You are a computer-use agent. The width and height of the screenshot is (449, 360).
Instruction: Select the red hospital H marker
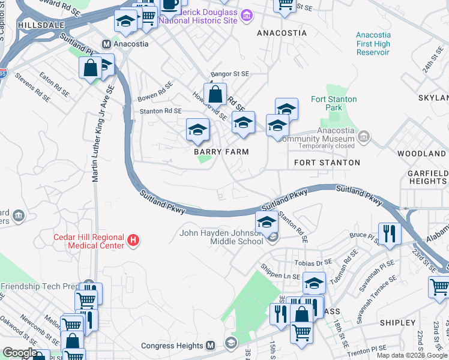tap(134, 241)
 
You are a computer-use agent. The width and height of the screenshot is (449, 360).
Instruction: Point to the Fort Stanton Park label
tap(334, 103)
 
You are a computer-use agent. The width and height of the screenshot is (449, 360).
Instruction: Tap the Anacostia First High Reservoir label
tap(373, 44)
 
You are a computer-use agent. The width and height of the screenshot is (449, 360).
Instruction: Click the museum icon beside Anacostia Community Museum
tap(363, 137)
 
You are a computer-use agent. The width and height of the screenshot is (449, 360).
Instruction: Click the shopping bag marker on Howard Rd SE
tap(215, 94)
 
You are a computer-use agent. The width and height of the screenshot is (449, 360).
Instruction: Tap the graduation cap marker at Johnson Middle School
tap(266, 222)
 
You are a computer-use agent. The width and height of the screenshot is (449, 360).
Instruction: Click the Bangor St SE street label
tap(229, 73)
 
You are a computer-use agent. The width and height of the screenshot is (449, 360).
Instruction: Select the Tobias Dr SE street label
tap(313, 263)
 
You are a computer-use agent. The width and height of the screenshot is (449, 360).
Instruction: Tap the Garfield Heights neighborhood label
tap(427, 177)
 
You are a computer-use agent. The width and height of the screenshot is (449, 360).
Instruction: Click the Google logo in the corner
tap(20, 353)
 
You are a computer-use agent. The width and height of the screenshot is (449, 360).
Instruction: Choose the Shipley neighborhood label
tap(398, 323)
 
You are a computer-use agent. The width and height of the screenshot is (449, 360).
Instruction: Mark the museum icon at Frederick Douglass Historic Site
tap(246, 16)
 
